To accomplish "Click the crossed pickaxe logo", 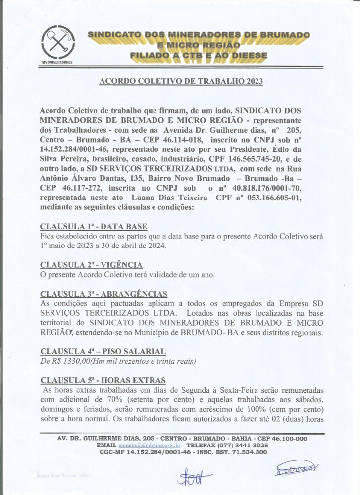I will coord(57,43).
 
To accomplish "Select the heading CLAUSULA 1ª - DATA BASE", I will coord(93,227).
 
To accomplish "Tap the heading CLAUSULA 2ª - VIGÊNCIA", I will coord(91,265).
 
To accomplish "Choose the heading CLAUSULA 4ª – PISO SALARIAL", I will coord(103,351).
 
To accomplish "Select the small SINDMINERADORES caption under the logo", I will coord(57,63).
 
